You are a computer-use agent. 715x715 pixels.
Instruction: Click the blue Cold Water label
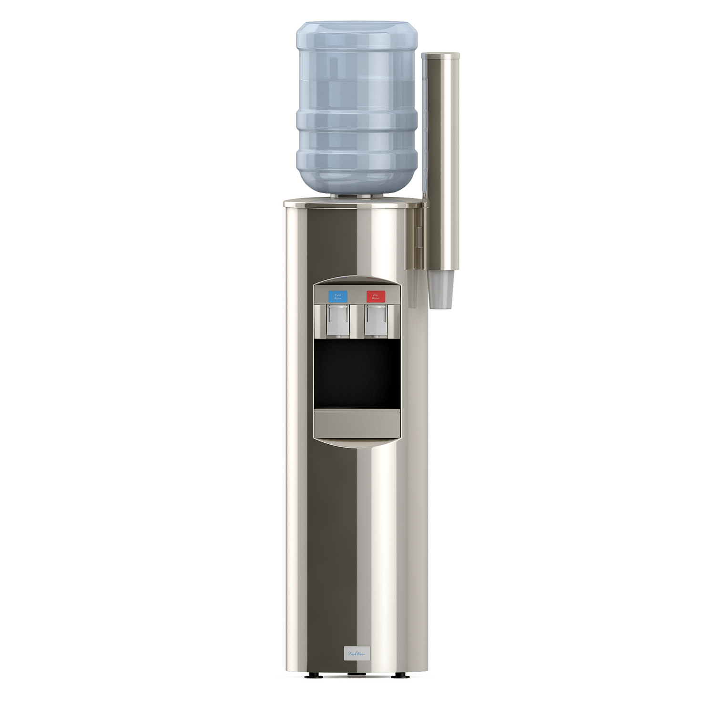coord(337,296)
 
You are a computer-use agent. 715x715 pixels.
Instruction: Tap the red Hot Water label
coord(376,296)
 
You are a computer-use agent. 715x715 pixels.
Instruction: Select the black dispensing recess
coord(357,374)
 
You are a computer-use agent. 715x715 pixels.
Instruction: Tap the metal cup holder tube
coord(441,167)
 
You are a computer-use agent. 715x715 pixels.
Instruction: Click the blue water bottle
coord(357,105)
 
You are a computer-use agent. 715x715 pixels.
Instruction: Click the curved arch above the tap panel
coord(357,280)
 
